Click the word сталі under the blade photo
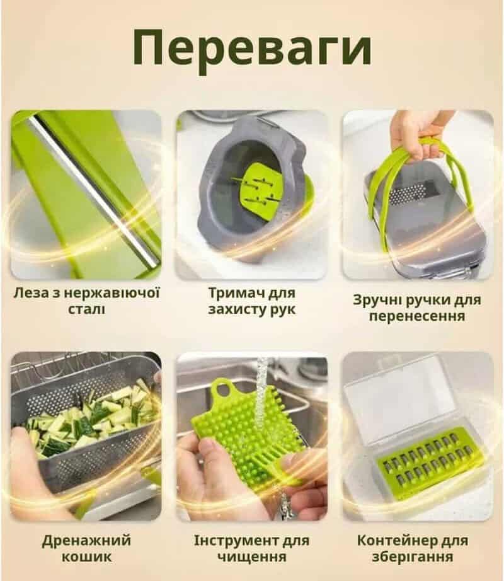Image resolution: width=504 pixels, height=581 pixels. (87, 309)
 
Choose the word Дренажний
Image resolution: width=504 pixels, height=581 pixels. (87, 541)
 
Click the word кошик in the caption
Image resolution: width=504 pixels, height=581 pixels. (87, 557)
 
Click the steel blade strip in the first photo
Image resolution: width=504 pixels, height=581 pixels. (94, 189)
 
